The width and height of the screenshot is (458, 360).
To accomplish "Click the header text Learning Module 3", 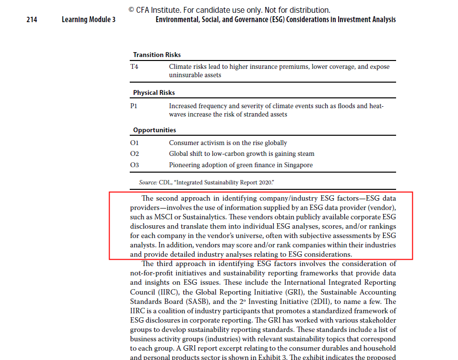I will coord(88,20).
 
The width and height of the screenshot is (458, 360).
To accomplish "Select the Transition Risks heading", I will coord(157,55).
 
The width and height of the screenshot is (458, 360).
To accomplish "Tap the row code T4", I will coord(134,66).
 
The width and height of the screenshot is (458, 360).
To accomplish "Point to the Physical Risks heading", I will coord(154,92).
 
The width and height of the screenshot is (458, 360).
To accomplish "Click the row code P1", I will coord(134,106).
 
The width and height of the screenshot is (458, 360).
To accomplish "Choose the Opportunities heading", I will coord(154,130).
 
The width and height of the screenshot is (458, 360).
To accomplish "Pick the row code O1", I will coord(135,143).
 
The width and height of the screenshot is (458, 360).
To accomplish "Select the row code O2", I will coord(135,154).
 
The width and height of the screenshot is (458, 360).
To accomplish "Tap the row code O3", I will coord(135,165).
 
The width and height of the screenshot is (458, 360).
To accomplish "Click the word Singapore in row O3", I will coord(297,165).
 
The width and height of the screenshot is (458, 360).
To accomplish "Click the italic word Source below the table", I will coord(147,182).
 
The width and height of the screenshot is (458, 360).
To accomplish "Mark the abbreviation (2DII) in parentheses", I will coord(328,301).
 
